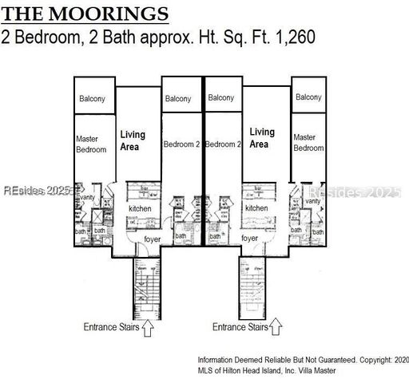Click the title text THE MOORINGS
(86, 14)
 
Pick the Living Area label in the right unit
(261, 138)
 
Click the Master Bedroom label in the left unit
(90, 144)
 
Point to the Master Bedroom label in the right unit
(308, 143)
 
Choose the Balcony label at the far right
(308, 97)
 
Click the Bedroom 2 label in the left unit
(181, 144)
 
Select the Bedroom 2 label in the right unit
(223, 144)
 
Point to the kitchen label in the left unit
(140, 209)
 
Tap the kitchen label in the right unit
(256, 208)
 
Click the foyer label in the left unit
(153, 238)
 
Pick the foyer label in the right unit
(249, 238)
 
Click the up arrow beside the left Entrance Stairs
(147, 326)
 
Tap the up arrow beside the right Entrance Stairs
(276, 326)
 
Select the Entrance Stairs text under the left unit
(111, 327)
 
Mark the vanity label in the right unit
(313, 201)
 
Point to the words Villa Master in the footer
(312, 370)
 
